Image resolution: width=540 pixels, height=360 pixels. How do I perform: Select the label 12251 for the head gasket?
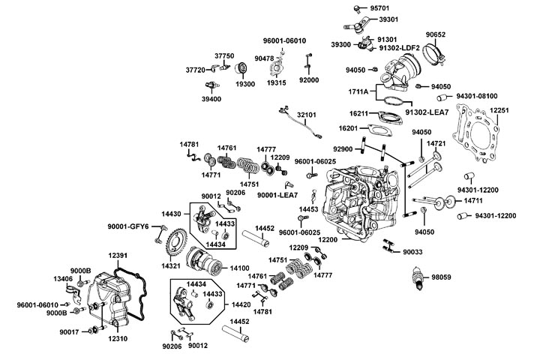500,110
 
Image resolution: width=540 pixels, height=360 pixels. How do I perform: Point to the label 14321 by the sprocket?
171,266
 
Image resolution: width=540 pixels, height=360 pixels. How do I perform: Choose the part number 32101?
308,115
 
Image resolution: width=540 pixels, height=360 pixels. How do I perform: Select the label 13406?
63,279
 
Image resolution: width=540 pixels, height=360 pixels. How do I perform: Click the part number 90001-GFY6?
129,225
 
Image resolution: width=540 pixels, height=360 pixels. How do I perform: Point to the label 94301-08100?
478,97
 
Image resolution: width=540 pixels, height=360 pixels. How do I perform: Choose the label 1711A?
358,91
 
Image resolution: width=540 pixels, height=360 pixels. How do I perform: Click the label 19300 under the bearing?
247,85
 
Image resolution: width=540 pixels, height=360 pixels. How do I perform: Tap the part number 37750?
226,56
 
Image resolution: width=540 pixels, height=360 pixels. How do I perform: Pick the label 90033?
413,253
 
